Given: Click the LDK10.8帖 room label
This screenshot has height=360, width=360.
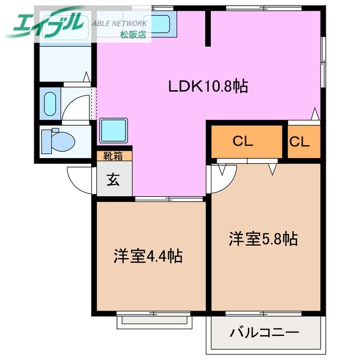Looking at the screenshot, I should tap(208, 87).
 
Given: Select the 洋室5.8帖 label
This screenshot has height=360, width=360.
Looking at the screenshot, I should tap(263, 239).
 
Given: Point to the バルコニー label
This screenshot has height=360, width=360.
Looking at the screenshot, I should tap(264, 332).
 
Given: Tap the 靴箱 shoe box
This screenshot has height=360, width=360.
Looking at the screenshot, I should tap(114, 156).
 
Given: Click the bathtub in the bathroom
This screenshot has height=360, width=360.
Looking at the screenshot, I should tap(50, 103).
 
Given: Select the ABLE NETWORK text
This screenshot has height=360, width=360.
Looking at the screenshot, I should tap(119, 24).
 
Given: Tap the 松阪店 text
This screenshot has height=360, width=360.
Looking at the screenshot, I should tap(133, 34).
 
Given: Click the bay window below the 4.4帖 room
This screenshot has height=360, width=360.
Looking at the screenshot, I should tap(155, 321).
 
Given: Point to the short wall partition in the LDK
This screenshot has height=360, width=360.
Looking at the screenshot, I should tap(207, 28).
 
